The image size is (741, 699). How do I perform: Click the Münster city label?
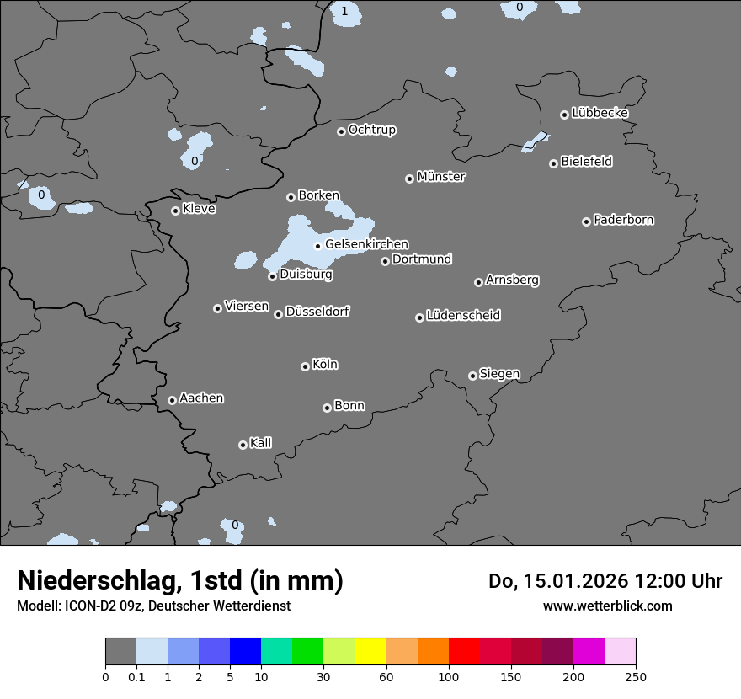441,177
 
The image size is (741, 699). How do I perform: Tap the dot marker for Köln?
305,366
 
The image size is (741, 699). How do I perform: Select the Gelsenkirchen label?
366,244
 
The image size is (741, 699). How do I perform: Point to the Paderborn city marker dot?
586,221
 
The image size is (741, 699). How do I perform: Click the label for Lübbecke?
600,113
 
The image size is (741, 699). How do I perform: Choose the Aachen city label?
201,398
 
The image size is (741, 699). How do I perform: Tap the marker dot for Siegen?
472,376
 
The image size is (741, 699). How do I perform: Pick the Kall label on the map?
260,443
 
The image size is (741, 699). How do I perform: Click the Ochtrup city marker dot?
341,131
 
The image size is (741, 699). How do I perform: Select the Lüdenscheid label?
463,316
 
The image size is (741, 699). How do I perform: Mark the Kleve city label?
199,209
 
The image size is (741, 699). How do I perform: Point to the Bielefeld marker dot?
553,163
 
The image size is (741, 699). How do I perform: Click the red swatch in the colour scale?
464,652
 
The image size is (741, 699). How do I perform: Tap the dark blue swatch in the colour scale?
245,652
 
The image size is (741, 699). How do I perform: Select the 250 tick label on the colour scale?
636,676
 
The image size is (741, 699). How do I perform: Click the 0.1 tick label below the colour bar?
136,676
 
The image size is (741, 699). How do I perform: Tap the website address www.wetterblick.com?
607,606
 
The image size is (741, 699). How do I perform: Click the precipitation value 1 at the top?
344,11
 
